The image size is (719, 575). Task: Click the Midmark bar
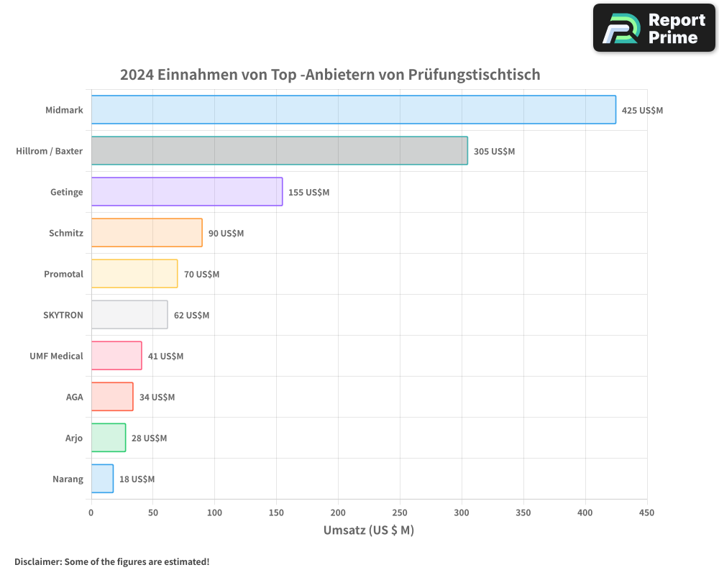coord(353,110)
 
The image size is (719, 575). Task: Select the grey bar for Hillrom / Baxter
coord(279,151)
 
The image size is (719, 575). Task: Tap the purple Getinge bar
coord(187,192)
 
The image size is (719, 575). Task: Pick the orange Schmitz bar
coord(147,233)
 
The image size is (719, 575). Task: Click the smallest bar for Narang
coord(102,479)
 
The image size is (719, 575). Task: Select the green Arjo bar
coord(109,438)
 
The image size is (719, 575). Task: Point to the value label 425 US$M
coord(642,111)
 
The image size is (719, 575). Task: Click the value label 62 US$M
coord(191,316)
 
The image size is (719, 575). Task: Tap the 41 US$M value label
coord(165,356)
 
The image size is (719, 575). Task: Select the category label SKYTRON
coord(63,315)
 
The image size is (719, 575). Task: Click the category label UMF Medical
coord(56,356)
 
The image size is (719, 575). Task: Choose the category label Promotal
coord(63,274)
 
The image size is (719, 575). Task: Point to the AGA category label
coord(74,397)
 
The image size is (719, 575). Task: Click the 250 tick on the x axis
coord(400,512)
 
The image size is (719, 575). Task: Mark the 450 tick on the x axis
coord(646,512)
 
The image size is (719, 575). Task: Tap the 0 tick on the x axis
coord(91,512)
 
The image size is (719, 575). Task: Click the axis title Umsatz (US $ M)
coord(369,530)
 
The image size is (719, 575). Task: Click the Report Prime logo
coord(654,28)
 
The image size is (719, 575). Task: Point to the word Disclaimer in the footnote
coord(37,561)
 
